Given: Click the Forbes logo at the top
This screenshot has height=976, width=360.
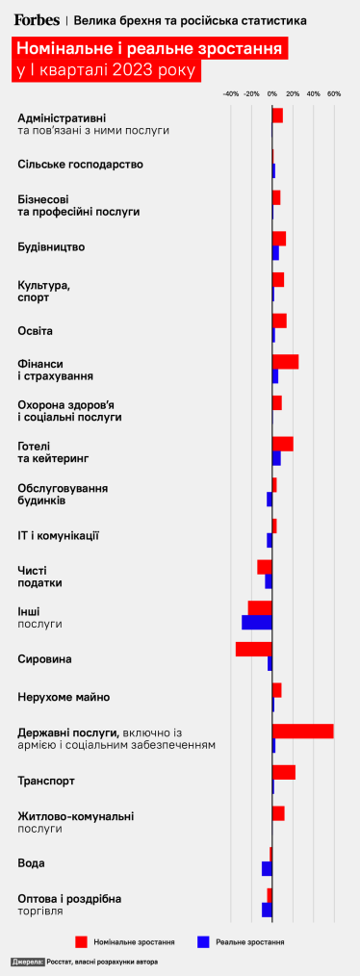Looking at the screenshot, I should (36, 19).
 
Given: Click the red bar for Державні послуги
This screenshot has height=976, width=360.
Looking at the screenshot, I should (302, 732).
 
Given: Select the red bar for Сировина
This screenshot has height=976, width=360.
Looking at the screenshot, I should (254, 649).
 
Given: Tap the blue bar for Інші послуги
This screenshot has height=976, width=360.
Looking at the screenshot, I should (257, 623).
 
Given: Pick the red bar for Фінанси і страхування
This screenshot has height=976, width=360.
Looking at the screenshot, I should (285, 362).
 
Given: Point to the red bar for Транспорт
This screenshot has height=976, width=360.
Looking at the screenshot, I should (284, 772).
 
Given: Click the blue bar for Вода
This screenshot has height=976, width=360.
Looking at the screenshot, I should (267, 869).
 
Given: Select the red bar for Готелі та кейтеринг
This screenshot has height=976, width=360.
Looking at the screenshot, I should (282, 444).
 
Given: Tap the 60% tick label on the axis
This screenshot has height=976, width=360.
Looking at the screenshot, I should (334, 94).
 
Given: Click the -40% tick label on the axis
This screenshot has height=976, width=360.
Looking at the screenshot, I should (230, 94).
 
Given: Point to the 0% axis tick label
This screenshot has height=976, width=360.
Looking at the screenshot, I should (272, 94).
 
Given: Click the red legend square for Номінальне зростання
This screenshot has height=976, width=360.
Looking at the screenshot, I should (82, 941).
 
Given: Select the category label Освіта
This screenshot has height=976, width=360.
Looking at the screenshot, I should (36, 331).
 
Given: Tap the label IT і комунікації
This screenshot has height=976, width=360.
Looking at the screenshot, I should (59, 535).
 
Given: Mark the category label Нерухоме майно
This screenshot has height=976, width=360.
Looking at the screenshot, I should (64, 697).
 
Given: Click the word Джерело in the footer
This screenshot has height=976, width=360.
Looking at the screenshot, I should (28, 962).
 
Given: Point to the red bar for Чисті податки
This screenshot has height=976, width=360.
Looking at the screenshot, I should (265, 567).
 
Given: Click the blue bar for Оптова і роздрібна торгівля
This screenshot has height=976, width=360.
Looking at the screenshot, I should (267, 910).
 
